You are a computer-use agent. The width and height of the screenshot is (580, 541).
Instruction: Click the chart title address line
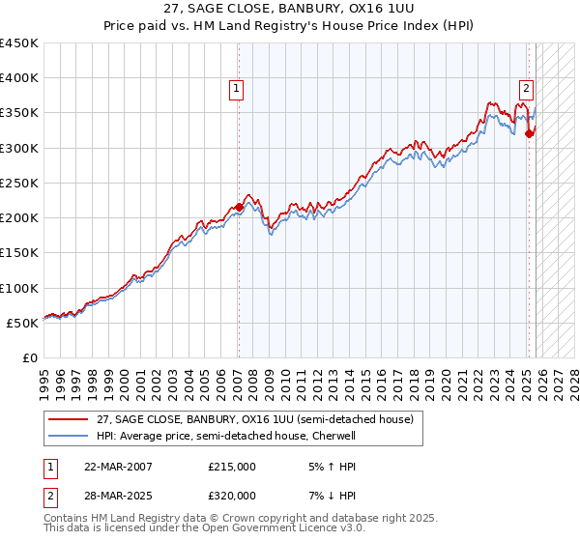pyautogui.click(x=290, y=9)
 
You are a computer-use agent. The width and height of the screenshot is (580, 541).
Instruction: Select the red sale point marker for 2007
pyautogui.click(x=239, y=207)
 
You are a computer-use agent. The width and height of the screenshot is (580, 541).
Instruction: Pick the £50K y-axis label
pyautogui.click(x=23, y=323)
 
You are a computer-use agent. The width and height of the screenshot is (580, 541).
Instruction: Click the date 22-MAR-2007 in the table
pyautogui.click(x=117, y=467)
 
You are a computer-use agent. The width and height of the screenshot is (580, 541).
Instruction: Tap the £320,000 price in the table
pyautogui.click(x=232, y=496)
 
